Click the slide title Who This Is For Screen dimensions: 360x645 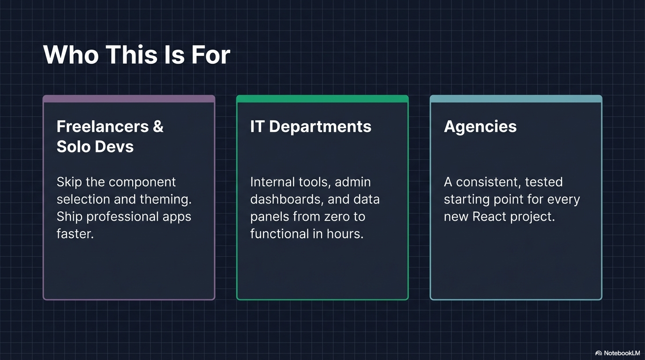point(136,55)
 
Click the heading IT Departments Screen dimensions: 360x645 point(310,127)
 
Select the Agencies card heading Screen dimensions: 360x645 point(480,127)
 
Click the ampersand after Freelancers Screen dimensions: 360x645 point(158,127)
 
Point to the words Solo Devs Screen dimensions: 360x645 point(95,147)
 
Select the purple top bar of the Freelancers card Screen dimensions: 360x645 point(129,99)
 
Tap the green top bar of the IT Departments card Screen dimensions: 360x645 point(322,99)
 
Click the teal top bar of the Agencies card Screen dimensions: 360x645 point(516,99)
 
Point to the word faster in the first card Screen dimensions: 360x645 point(75,233)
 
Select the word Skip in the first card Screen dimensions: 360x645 point(69,182)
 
